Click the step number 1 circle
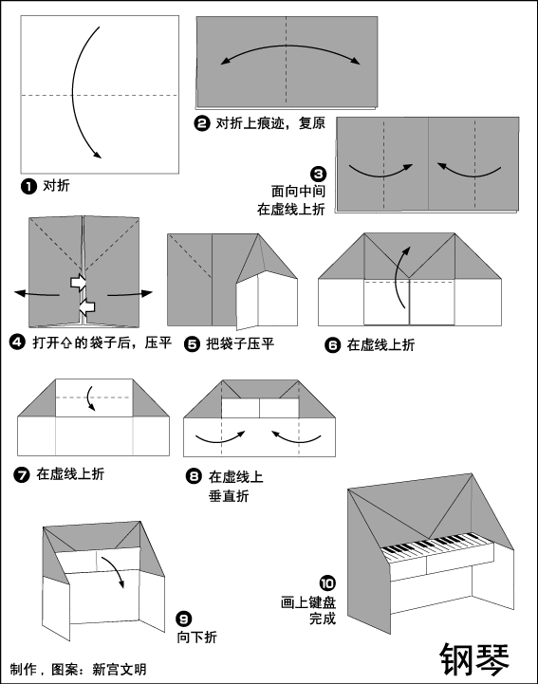click(28, 187)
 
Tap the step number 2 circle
click(201, 123)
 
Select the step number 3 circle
click(318, 174)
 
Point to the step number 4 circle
click(17, 342)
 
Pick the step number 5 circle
click(192, 344)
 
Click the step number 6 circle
click(332, 345)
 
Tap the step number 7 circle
click(22, 474)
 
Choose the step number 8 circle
click(194, 476)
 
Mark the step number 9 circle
click(184, 619)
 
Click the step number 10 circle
click(327, 583)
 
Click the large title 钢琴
click(474, 658)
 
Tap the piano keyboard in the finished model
click(437, 545)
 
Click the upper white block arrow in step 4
click(79, 283)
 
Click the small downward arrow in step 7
click(89, 397)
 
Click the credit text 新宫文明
click(120, 669)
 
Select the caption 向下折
click(196, 638)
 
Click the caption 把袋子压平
click(240, 343)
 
